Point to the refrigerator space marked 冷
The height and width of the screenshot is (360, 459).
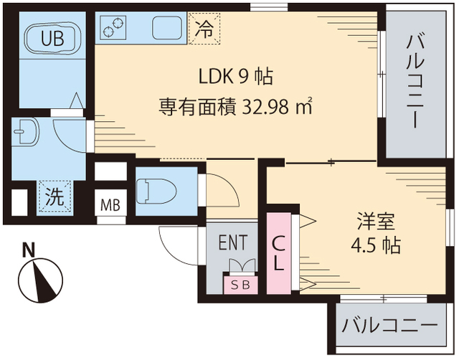tap(204, 29)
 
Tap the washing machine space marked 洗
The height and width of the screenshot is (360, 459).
tap(55, 196)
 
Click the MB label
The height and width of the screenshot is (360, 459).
tap(110, 204)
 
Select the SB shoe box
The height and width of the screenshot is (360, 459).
tap(240, 284)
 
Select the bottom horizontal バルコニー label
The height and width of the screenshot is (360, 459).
tap(389, 326)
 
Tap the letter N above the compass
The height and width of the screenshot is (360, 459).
tap(29, 250)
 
